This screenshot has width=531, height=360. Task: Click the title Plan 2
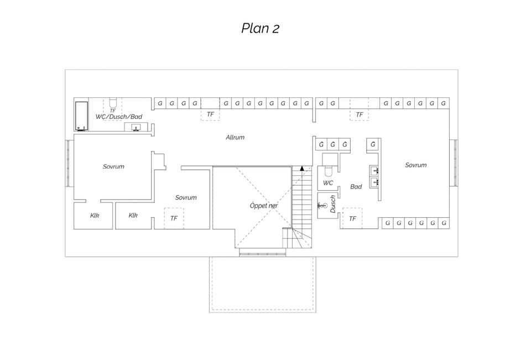[260, 28]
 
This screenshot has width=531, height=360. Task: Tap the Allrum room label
[235, 137]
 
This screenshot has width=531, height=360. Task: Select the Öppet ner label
[264, 206]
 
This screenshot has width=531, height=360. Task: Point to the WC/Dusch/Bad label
[119, 117]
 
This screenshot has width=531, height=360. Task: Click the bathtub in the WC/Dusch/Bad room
[82, 116]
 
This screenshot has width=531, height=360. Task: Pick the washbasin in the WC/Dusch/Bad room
[137, 127]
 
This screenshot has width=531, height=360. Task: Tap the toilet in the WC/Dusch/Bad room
[113, 102]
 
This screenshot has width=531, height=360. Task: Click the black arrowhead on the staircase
[302, 168]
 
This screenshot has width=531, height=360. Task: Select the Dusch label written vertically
[332, 204]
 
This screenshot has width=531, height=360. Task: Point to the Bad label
[356, 186]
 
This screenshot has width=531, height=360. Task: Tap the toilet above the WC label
[328, 171]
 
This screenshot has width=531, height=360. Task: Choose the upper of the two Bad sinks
[374, 170]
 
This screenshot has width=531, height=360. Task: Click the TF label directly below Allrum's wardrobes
[210, 114]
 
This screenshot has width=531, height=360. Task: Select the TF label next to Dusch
[352, 219]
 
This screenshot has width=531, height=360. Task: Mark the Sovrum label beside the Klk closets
[186, 197]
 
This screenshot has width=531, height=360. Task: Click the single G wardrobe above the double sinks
[373, 145]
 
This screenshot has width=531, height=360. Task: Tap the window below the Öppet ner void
[262, 253]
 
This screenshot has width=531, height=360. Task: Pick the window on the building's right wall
[454, 163]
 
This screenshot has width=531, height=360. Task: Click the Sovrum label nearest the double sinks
[416, 165]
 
